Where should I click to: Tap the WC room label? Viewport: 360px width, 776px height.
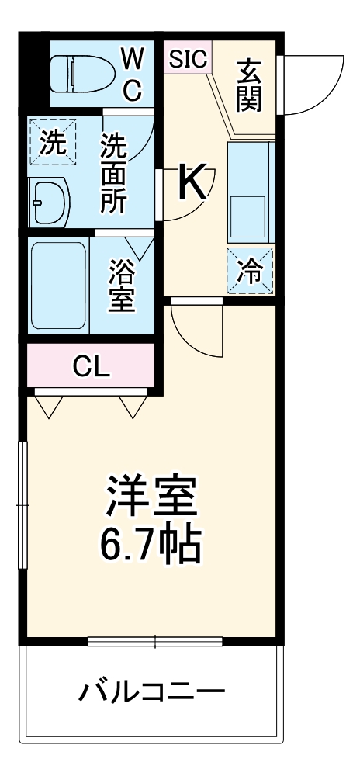click(x=132, y=74)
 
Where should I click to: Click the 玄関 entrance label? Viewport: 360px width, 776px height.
click(x=249, y=85)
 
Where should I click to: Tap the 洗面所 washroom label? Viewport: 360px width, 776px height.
click(x=114, y=175)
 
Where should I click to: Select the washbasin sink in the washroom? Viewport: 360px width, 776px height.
click(x=48, y=204)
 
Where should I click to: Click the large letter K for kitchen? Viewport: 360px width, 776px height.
click(x=193, y=182)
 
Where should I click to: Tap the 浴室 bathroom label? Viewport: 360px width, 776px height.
click(x=122, y=285)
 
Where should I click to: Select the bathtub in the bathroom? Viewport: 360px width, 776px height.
click(x=57, y=285)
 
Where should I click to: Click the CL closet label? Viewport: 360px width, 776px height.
click(x=91, y=366)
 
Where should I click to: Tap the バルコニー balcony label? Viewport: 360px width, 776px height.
click(x=151, y=690)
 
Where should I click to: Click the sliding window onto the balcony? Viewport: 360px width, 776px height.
click(x=155, y=641)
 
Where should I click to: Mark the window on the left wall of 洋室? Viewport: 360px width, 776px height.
click(x=23, y=504)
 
